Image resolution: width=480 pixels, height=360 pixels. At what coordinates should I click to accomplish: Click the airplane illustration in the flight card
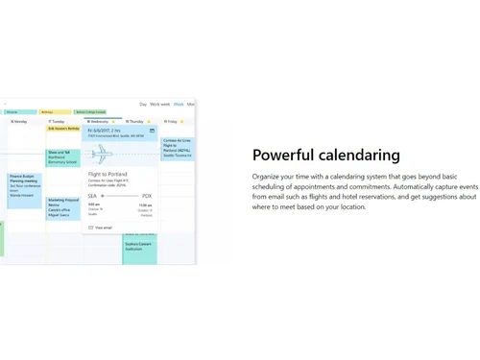click(102, 154)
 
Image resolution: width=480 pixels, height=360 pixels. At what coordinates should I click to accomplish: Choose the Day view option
click(143, 104)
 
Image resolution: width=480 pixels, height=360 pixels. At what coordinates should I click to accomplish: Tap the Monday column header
click(19, 122)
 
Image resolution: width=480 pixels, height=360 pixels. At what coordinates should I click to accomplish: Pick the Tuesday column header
click(58, 122)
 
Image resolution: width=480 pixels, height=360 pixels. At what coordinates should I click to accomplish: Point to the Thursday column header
click(135, 122)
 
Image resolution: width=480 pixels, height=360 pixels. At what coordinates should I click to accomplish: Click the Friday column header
click(172, 122)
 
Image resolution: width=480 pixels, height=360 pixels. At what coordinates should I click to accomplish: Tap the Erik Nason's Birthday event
click(63, 129)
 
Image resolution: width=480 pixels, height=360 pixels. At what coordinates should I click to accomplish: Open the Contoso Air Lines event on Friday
click(178, 148)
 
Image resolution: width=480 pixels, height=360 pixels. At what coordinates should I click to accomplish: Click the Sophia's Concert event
click(140, 247)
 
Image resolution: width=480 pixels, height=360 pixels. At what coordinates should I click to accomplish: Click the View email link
click(103, 228)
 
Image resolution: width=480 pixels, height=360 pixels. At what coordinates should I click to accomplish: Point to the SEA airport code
click(92, 196)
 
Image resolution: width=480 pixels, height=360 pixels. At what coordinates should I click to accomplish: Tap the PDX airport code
click(147, 196)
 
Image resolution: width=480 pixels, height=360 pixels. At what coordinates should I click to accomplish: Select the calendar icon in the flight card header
click(152, 131)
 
